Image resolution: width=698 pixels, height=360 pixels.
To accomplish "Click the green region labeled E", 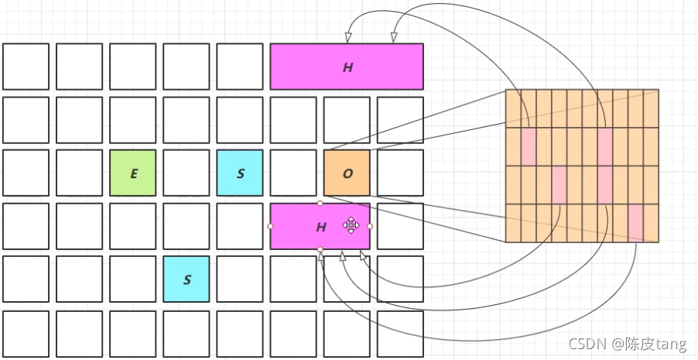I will click(x=133, y=173).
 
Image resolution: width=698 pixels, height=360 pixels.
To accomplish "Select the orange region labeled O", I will click(x=347, y=173).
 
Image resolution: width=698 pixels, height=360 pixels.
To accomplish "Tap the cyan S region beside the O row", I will click(x=240, y=173).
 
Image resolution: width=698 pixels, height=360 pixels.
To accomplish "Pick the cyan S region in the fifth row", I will click(x=186, y=279).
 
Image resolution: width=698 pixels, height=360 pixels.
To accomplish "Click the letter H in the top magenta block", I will click(x=347, y=67).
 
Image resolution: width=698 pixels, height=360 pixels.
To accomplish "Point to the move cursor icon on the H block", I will click(x=351, y=225).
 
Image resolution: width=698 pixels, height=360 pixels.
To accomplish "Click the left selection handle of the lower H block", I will click(x=270, y=226).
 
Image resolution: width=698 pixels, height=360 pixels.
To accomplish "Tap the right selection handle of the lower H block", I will click(x=370, y=226).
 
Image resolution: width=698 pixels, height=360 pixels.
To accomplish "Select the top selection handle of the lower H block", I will click(x=320, y=203).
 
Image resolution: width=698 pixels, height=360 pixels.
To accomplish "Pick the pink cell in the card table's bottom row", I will click(x=635, y=223).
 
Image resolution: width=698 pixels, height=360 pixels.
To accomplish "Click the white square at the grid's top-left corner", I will click(x=26, y=67).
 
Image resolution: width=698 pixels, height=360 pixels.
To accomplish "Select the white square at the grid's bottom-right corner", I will click(x=400, y=334).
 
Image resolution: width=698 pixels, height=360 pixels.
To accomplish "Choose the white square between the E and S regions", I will click(x=186, y=173).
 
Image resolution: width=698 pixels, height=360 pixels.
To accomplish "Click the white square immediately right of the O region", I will click(x=400, y=173).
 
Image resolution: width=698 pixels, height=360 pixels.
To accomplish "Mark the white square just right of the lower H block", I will click(x=400, y=226).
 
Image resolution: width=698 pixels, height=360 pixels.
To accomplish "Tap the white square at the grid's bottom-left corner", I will click(x=26, y=334).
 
